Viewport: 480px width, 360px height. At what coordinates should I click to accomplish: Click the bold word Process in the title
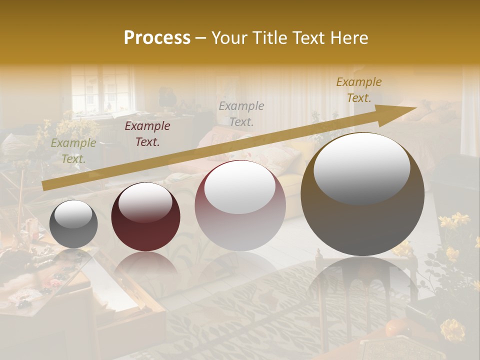point(157,38)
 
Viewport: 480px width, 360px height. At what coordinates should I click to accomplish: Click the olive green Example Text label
point(73,151)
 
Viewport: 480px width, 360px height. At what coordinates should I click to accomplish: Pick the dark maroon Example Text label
point(147,134)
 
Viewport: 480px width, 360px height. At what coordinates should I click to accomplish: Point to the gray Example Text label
point(241,113)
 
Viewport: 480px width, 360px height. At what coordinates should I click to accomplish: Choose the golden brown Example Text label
point(358,90)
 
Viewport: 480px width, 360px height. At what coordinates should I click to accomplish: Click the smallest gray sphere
point(73,224)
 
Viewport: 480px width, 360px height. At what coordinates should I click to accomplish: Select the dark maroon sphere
point(145,216)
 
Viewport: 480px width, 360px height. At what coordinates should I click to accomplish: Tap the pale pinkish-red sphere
point(240,205)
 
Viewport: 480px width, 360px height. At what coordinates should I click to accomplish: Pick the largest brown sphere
point(362,194)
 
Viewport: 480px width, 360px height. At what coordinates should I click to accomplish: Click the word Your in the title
point(228,38)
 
